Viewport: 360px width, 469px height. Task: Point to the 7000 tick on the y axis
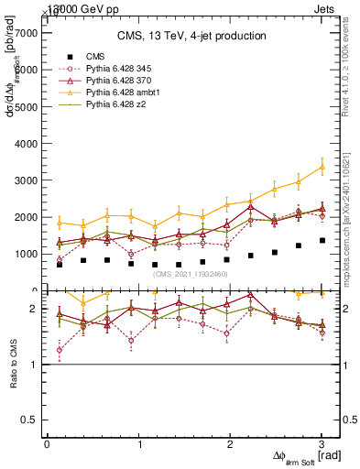pyautogui.click(x=28, y=32)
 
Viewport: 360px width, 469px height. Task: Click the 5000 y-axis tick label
pyautogui.click(x=28, y=106)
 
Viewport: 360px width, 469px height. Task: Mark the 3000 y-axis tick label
pyautogui.click(x=28, y=180)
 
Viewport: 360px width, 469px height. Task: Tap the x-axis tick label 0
pyautogui.click(x=47, y=445)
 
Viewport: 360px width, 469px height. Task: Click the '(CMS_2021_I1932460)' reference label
pyautogui.click(x=192, y=274)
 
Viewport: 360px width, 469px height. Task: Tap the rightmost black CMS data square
pyautogui.click(x=322, y=241)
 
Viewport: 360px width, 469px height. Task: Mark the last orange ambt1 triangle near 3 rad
pyautogui.click(x=322, y=167)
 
